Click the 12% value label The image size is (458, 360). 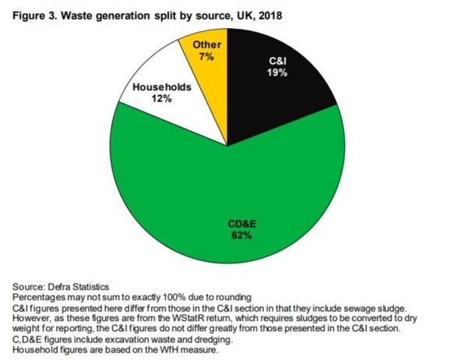159,100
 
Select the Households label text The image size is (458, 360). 159,88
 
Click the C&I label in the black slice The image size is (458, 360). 277,60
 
